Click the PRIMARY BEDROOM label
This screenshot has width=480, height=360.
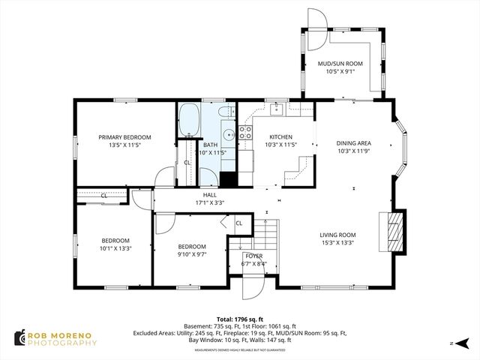coord(125,137)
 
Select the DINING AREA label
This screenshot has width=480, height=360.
coord(353,142)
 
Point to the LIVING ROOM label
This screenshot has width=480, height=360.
coord(337,234)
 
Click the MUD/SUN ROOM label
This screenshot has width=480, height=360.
coord(340,64)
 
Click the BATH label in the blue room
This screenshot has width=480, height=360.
coord(210,145)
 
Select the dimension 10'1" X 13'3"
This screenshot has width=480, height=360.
coord(116,249)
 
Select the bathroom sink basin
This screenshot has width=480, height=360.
coord(244,135)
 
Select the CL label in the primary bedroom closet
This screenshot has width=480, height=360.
coord(187,162)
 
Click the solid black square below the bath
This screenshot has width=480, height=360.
coord(229,180)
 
